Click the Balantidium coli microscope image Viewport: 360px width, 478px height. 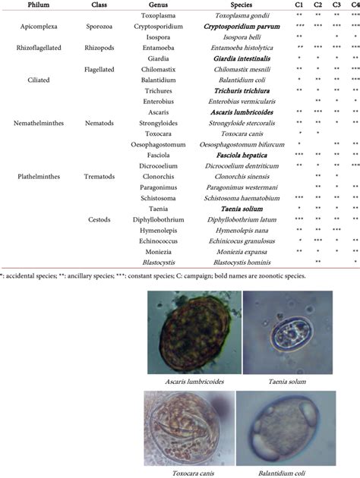292,424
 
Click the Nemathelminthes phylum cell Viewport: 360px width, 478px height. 35,121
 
